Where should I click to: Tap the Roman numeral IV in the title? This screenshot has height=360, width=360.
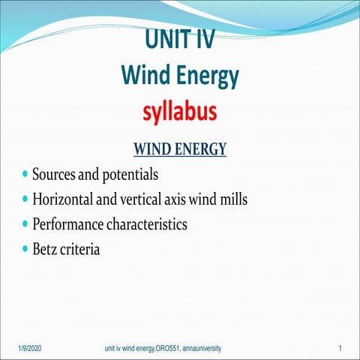point(203,38)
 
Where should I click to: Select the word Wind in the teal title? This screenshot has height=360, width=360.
point(145,75)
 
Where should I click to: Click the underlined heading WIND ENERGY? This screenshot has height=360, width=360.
point(179,148)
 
